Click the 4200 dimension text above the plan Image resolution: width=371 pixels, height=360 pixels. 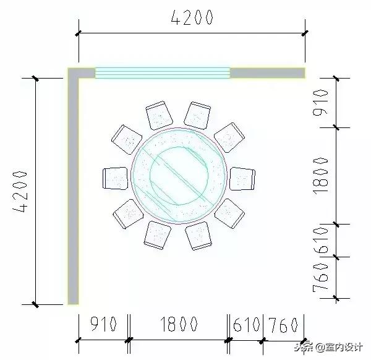click(x=191, y=17)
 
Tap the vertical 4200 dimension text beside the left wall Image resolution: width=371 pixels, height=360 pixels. click(x=20, y=191)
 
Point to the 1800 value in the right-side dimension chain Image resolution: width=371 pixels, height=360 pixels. click(x=320, y=175)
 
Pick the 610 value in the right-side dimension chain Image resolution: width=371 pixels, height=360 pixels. click(x=320, y=240)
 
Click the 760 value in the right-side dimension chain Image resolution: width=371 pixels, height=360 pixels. click(x=320, y=279)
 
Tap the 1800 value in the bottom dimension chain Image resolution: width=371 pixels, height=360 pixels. click(x=179, y=324)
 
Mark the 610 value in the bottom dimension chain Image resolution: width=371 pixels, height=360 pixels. click(x=247, y=324)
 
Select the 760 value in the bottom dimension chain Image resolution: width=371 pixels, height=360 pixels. click(x=284, y=324)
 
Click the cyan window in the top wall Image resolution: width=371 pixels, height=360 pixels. click(x=162, y=73)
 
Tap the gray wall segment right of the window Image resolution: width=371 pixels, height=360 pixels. click(x=268, y=73)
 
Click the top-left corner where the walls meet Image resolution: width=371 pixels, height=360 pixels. click(x=74, y=74)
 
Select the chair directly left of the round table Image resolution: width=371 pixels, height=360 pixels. click(x=114, y=178)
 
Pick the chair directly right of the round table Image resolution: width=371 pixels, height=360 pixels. click(x=242, y=178)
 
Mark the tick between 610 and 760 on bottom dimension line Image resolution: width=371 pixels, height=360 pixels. click(x=264, y=340)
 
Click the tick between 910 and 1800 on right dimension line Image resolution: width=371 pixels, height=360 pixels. click(x=336, y=127)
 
